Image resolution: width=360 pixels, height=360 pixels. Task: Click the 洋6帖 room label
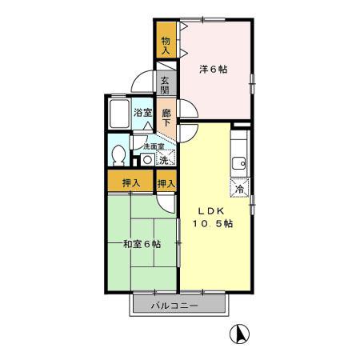coord(214,70)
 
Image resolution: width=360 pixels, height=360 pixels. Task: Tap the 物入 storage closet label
coord(165,43)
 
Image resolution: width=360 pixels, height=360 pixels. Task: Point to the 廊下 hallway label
coord(166,118)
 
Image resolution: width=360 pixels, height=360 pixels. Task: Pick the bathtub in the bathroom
coord(119,115)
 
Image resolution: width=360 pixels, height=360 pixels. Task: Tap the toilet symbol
coord(118,154)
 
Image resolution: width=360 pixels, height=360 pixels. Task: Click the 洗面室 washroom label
coord(154,146)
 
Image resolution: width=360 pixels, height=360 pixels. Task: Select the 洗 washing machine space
coord(164,160)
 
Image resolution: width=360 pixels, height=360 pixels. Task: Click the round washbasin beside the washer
coord(147,159)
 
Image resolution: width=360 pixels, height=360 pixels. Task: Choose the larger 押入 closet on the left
coord(131,183)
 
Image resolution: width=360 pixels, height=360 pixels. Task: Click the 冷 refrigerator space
coord(239,189)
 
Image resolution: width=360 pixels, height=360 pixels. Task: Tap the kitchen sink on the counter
coord(239,165)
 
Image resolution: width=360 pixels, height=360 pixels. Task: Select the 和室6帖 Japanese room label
coord(141,243)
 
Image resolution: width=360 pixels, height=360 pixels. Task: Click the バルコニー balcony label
coord(176,305)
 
